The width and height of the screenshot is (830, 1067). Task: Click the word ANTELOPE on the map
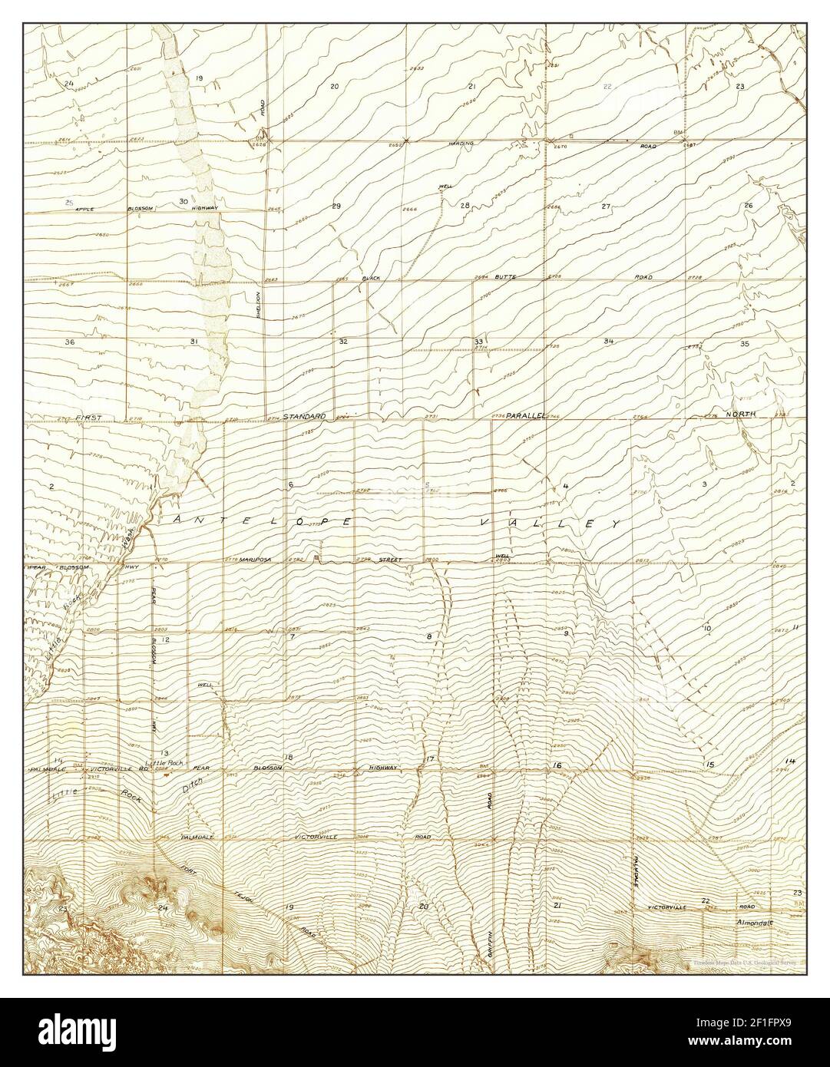click(x=263, y=520)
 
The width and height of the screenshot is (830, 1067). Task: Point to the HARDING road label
click(x=463, y=144)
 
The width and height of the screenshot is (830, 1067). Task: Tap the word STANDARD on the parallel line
click(x=304, y=416)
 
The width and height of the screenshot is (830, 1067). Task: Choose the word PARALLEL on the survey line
click(x=525, y=415)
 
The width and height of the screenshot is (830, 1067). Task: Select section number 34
click(x=608, y=340)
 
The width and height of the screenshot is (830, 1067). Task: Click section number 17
click(x=431, y=759)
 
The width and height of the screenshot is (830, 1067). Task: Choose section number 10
click(x=706, y=629)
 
